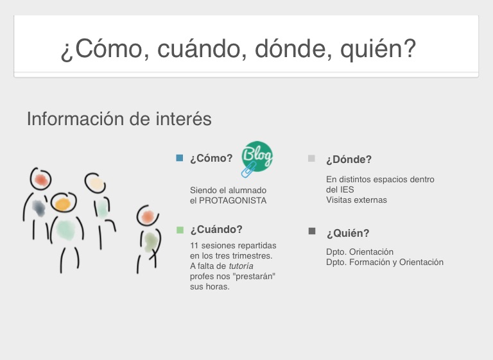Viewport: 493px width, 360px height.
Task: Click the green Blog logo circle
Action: pyautogui.click(x=257, y=157)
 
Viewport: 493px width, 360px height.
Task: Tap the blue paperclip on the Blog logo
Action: pyautogui.click(x=248, y=170)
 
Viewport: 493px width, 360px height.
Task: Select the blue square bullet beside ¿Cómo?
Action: pyautogui.click(x=180, y=158)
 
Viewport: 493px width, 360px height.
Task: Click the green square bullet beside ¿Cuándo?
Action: pyautogui.click(x=180, y=230)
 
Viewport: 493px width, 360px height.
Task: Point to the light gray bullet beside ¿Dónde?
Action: pyautogui.click(x=311, y=158)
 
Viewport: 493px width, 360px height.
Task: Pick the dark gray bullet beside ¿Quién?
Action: pyautogui.click(x=312, y=231)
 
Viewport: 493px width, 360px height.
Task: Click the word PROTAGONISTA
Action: pyautogui.click(x=232, y=201)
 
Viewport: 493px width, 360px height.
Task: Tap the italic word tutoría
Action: pyautogui.click(x=241, y=266)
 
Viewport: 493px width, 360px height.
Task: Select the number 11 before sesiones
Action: pyautogui.click(x=194, y=246)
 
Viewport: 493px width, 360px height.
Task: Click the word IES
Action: pyautogui.click(x=347, y=189)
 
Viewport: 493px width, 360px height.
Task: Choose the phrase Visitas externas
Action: pyautogui.click(x=356, y=200)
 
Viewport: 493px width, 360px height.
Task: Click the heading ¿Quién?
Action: pyautogui.click(x=348, y=234)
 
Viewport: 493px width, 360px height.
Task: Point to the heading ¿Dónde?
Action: pyautogui.click(x=349, y=159)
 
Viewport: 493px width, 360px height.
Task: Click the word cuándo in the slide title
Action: pyautogui.click(x=199, y=49)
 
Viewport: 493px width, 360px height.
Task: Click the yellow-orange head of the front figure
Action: pyautogui.click(x=63, y=204)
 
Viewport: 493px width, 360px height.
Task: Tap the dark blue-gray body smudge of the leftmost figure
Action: pyautogui.click(x=39, y=208)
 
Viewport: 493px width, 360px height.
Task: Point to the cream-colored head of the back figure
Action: pyautogui.click(x=96, y=184)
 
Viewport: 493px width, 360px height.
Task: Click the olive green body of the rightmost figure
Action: pyautogui.click(x=151, y=242)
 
